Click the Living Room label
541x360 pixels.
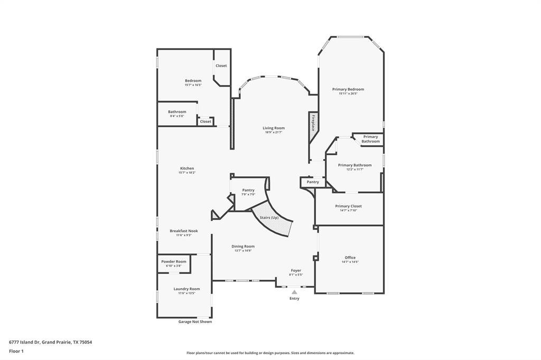tap(274, 128)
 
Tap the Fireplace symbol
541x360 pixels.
tap(313, 122)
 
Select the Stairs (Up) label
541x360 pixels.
tap(269, 217)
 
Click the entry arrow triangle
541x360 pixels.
tap(294, 291)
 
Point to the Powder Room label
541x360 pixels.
tap(174, 261)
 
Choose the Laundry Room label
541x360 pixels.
tap(186, 289)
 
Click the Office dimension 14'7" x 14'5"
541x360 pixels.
tap(350, 262)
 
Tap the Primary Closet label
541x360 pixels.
tap(348, 206)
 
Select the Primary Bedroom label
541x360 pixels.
tap(348, 89)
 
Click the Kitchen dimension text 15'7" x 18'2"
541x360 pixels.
tap(186, 173)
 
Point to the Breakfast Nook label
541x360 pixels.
tap(184, 231)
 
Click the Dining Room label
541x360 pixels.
tap(243, 246)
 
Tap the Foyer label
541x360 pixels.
tap(296, 270)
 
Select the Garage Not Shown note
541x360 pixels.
tap(195, 321)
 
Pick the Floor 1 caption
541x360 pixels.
tap(16, 351)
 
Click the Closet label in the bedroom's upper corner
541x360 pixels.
tap(221, 65)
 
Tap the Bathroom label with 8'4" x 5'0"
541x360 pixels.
tap(177, 111)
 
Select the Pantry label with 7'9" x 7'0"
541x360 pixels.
tap(248, 190)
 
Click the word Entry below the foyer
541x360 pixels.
tap(294, 298)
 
